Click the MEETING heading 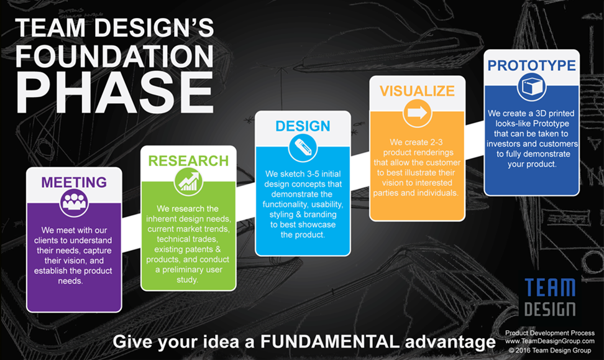pos(74,182)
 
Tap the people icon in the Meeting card pos(74,203)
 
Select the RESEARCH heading pos(188,161)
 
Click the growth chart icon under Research pos(188,181)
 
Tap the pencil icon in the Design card pos(303,148)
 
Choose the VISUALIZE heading pos(417,91)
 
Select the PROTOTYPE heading pos(531,65)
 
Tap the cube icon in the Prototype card pos(531,86)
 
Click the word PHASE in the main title pos(114,93)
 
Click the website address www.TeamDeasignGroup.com pos(550,341)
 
